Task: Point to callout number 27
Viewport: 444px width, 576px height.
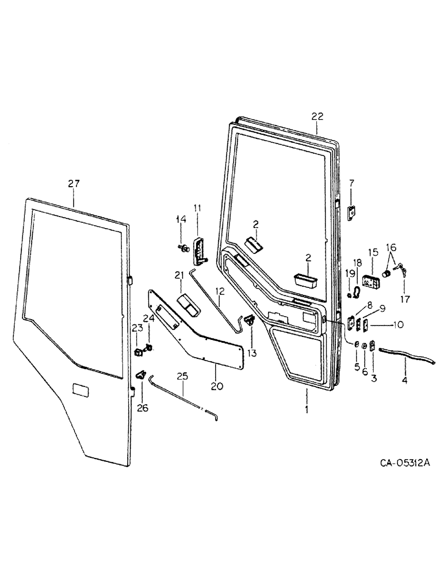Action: click(74, 184)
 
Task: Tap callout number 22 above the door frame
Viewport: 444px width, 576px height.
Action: click(318, 116)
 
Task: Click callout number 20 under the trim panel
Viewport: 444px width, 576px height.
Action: click(217, 386)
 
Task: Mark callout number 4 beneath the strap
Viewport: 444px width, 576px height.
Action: click(405, 381)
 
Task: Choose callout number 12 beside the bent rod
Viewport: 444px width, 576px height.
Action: click(220, 293)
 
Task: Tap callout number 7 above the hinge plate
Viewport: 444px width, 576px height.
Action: click(351, 183)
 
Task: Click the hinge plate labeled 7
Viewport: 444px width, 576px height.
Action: click(353, 212)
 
